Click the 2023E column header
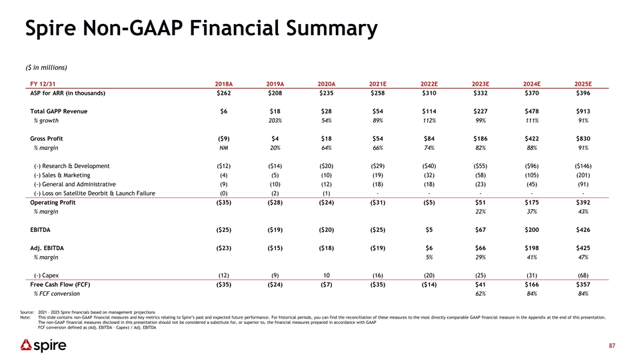click(x=480, y=84)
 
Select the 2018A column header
click(x=224, y=84)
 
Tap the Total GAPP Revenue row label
click(x=59, y=111)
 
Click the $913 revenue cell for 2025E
click(x=583, y=111)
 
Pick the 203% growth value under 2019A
click(x=275, y=121)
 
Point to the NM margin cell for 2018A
click(x=224, y=148)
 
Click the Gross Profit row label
click(x=47, y=139)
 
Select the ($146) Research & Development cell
click(x=583, y=166)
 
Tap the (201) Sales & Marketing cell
click(x=583, y=175)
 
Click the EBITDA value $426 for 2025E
click(x=583, y=230)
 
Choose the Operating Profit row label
click(x=53, y=203)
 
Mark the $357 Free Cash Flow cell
click(x=583, y=285)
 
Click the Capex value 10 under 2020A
click(x=326, y=275)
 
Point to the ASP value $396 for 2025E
click(x=583, y=93)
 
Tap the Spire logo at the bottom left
click(x=43, y=345)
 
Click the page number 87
click(x=612, y=346)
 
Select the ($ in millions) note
click(x=46, y=68)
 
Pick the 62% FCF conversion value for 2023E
click(x=480, y=294)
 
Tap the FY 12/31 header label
click(x=43, y=84)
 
